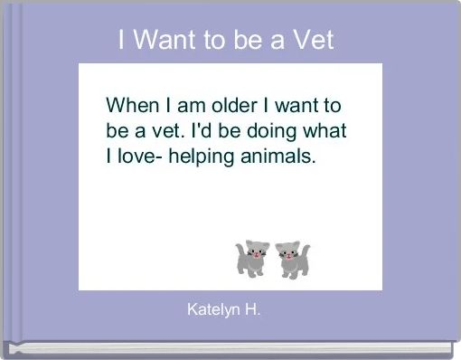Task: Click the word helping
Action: (x=207, y=157)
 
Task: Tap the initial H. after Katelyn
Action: (x=253, y=310)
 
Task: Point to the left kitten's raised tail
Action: (x=240, y=247)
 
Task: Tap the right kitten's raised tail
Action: (x=305, y=248)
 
